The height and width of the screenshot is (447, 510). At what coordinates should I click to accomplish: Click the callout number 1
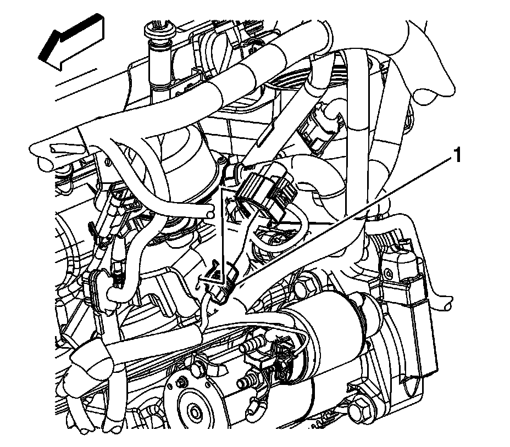click(x=457, y=155)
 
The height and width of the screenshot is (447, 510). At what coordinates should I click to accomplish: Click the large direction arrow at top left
click(x=71, y=42)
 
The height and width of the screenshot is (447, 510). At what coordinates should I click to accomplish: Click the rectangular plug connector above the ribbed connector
click(x=320, y=128)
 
